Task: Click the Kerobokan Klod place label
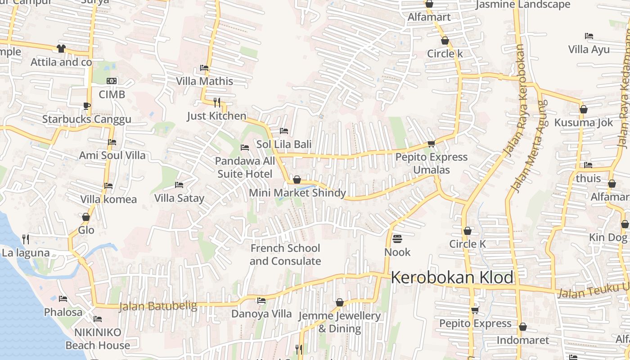(452, 277)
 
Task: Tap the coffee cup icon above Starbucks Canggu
(86, 106)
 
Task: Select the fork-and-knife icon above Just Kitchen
(217, 103)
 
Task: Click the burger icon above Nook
(397, 238)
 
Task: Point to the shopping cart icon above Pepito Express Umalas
(431, 144)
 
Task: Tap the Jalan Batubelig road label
(158, 306)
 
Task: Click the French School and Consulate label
(285, 255)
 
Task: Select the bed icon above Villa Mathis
(204, 68)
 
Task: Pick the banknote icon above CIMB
(112, 81)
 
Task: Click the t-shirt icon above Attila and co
(61, 48)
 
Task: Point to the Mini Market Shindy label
(297, 193)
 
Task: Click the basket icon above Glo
(86, 217)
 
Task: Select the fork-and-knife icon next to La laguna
(26, 239)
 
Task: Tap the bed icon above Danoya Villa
(261, 301)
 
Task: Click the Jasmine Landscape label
(523, 5)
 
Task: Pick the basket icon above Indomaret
(522, 327)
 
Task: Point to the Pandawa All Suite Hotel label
(245, 167)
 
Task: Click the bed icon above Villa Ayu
(589, 36)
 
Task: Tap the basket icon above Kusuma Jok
(584, 109)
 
